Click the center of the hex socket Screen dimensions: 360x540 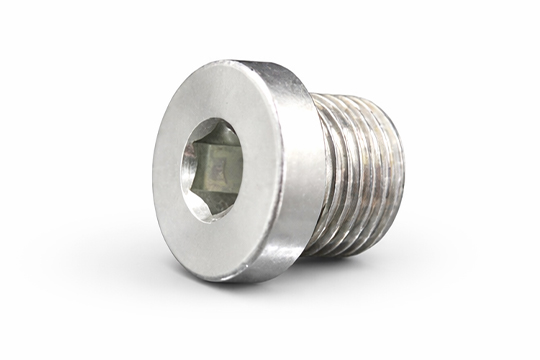[x=217, y=161]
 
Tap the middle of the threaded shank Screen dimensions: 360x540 [x=360, y=170]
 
